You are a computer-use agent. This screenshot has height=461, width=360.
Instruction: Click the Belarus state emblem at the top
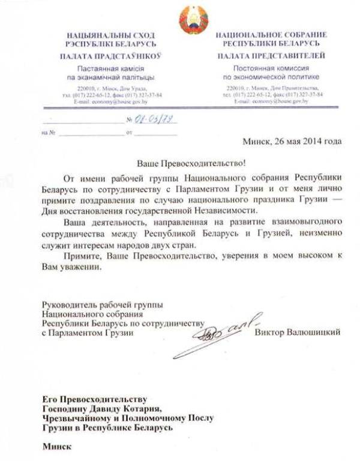tap(193, 19)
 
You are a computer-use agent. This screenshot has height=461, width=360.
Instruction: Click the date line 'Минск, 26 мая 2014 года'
tap(292, 142)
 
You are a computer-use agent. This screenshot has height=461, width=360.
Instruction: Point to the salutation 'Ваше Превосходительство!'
tap(188, 164)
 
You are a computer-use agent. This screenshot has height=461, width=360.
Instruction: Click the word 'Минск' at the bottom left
tap(56, 446)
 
